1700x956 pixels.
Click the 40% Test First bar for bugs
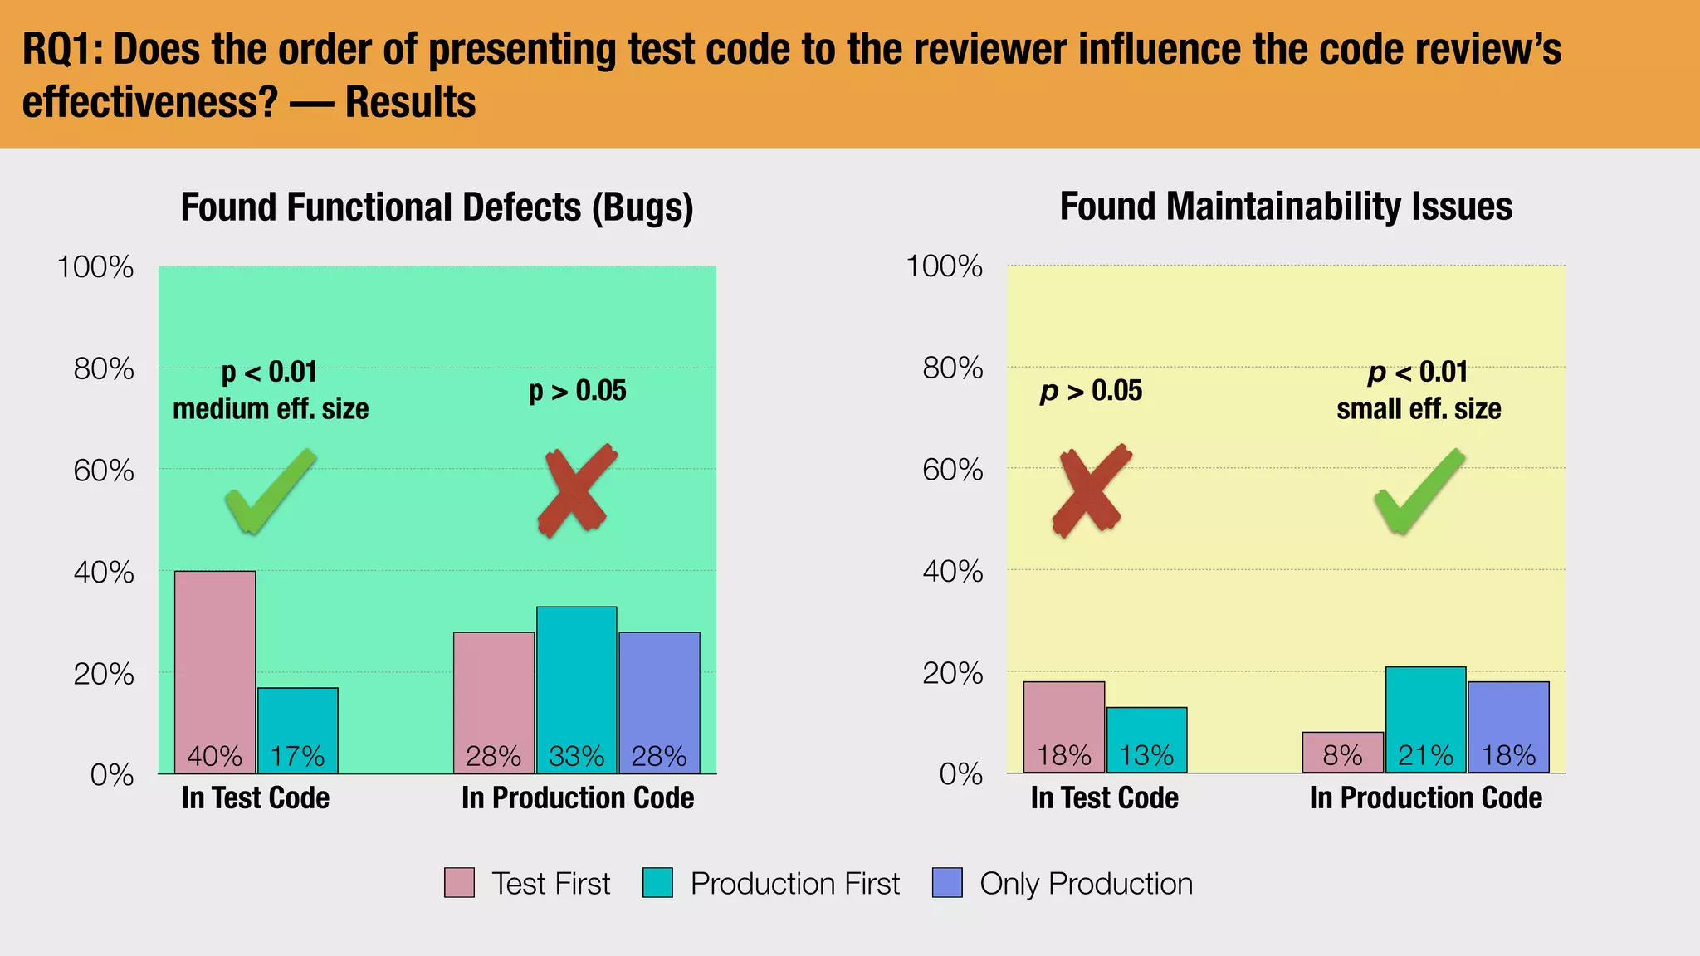tap(215, 672)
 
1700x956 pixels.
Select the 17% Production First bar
tap(298, 730)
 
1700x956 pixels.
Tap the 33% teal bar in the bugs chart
tap(576, 690)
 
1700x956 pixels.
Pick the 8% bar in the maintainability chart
tap(1342, 752)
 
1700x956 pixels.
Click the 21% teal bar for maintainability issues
tap(1425, 719)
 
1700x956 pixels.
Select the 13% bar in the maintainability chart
tap(1146, 739)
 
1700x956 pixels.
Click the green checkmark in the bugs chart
tap(270, 491)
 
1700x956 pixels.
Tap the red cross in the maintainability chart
tap(1091, 490)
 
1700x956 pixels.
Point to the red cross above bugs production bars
tap(577, 490)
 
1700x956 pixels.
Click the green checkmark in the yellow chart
tap(1419, 491)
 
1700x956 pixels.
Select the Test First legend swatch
tap(459, 883)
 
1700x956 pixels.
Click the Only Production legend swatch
tap(947, 883)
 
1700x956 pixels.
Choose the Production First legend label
tap(794, 884)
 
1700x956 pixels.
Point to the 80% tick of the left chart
tap(104, 368)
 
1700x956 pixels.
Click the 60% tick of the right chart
tap(952, 471)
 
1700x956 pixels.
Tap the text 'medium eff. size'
tap(271, 409)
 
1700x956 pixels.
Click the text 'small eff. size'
tap(1419, 409)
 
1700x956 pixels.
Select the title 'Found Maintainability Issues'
tap(1286, 207)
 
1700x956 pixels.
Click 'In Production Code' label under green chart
tap(578, 798)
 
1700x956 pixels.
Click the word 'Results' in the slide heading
tap(410, 103)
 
